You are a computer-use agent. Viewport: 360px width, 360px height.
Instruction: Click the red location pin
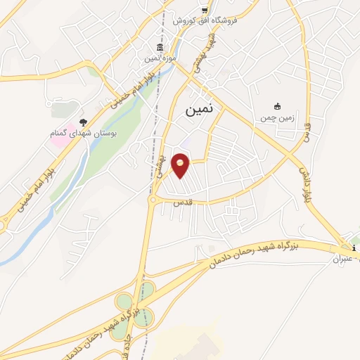click(181, 165)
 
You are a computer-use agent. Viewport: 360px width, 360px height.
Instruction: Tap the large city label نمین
click(202, 110)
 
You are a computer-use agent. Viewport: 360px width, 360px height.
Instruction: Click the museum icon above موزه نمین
click(160, 48)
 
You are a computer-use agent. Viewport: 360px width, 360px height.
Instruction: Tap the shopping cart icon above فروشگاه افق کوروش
click(205, 10)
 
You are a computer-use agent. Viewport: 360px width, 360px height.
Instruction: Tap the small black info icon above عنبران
click(354, 248)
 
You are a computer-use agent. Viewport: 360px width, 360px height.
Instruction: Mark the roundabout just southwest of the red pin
click(153, 200)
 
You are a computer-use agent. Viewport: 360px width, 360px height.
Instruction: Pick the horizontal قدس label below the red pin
click(182, 202)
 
